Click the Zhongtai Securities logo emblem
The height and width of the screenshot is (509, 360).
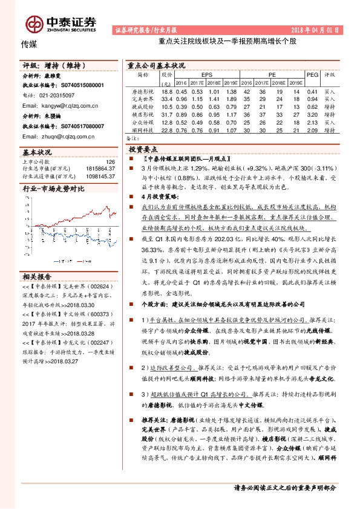[x=33, y=23]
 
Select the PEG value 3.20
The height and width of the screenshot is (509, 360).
[x=312, y=114]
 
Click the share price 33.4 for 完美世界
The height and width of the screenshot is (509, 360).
[x=168, y=99]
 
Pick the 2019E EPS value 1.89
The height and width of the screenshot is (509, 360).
[x=230, y=99]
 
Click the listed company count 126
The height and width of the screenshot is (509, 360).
[x=110, y=162]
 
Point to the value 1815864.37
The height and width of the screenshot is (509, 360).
[x=101, y=169]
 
